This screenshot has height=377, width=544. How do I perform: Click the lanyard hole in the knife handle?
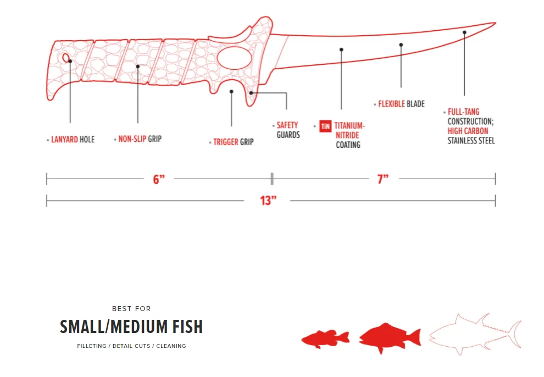66,58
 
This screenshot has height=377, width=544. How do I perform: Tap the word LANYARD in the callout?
64,140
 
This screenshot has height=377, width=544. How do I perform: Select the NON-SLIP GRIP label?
140,139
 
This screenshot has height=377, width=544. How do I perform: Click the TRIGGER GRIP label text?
233,142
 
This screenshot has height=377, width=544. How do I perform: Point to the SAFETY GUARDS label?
288,130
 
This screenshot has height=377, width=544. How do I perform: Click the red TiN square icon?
325,126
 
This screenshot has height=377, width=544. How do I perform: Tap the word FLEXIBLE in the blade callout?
391,104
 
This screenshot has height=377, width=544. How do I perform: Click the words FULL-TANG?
464,112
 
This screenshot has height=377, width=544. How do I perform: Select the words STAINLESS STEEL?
471,141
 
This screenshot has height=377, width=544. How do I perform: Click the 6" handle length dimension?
159,179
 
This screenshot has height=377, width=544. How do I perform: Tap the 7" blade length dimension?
383,179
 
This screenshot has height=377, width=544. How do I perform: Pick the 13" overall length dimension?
268,201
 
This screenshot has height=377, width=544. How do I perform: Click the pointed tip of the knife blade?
496,23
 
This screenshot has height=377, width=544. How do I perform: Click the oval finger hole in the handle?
234,58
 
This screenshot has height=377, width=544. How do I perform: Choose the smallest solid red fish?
325,339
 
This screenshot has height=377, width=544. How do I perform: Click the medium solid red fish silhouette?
390,337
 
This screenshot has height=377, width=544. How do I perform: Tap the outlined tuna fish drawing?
475,334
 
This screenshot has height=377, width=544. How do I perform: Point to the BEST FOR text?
131,309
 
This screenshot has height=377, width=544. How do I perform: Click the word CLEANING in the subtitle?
171,346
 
